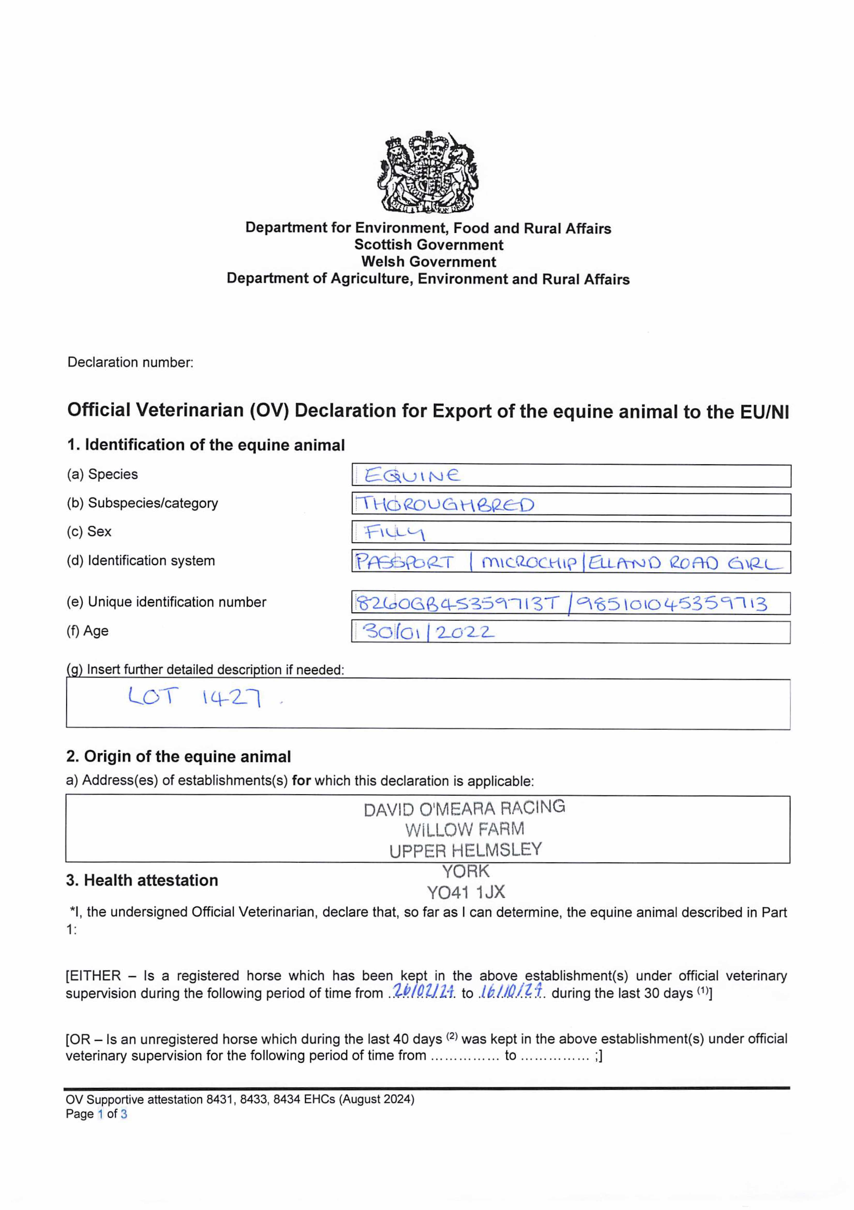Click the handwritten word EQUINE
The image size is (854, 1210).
click(x=412, y=476)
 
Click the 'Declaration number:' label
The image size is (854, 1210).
click(x=130, y=363)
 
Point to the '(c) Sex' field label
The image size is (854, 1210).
click(x=89, y=531)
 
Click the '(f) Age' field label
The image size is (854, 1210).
click(x=87, y=631)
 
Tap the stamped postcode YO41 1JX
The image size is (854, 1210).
click(x=466, y=892)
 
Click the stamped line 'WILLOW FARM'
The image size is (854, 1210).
click(x=465, y=829)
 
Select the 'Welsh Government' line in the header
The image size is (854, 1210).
click(x=428, y=262)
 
